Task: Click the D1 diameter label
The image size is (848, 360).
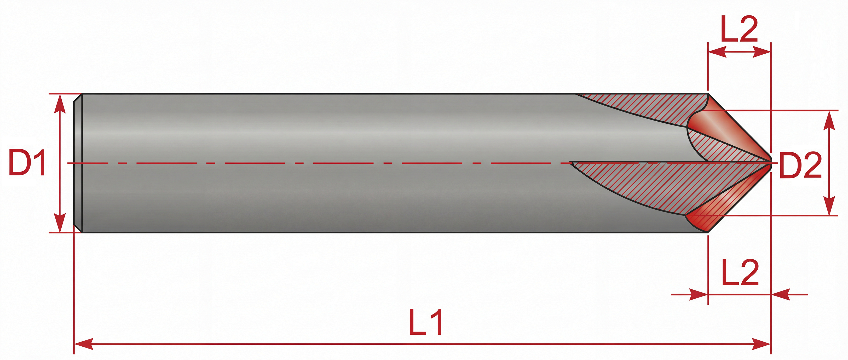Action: point(27,163)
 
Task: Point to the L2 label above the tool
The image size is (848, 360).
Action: point(739,29)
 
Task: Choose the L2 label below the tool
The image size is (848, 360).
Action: point(740,273)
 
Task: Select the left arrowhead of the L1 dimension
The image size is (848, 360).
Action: point(84,344)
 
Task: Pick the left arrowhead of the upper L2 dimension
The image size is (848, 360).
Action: point(717,52)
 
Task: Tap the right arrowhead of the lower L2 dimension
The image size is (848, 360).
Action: point(781,294)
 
